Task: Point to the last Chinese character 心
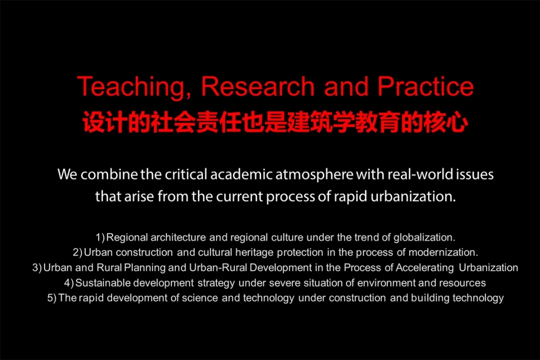click(x=457, y=122)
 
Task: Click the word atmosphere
click(x=314, y=174)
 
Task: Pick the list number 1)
click(x=100, y=237)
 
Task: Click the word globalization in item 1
click(x=424, y=237)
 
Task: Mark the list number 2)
click(x=77, y=252)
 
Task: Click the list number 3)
click(x=37, y=267)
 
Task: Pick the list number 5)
click(x=52, y=298)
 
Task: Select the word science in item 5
click(x=199, y=298)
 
